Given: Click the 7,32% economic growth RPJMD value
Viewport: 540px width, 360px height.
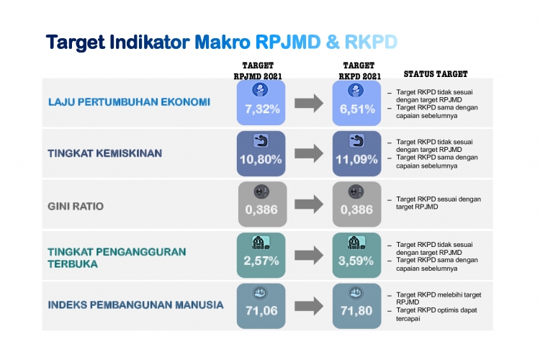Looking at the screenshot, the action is pos(262,109).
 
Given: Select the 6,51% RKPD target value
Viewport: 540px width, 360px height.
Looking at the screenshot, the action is pos(357,109).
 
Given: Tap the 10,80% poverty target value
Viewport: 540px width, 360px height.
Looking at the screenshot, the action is pos(261,160).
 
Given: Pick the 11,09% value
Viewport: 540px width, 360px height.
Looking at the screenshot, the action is pos(356,160).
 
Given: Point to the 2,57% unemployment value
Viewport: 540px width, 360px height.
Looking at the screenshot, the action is pos(261,261).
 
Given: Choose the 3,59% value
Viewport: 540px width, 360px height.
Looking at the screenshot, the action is pos(356,261).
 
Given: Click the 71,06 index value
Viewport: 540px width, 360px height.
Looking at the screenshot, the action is pos(261,311).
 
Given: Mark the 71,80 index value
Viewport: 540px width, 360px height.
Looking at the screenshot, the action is pos(356,311).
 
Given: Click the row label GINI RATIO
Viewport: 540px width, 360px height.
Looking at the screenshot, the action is pos(76,207).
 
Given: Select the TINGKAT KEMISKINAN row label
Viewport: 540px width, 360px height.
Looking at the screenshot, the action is pos(104,153).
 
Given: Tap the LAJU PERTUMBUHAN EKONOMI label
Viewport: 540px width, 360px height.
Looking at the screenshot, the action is pos(129,102).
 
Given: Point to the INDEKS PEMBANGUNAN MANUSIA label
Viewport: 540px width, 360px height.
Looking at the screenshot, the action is pos(135,305).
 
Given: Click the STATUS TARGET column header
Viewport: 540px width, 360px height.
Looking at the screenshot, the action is pos(436,74).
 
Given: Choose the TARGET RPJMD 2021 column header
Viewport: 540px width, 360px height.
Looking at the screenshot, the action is pos(258,71).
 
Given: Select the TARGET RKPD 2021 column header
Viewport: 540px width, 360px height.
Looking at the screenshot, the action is pos(359,71).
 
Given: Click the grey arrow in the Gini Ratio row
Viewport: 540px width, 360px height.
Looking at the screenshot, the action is pos(309,204).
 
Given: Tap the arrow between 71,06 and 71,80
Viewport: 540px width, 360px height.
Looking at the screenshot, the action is pos(309,306).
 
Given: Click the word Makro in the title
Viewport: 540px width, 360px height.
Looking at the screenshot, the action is pos(222,42).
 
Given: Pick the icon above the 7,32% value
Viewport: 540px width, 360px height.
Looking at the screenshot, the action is pos(260,90).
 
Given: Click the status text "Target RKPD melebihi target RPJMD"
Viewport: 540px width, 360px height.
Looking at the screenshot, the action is pos(438,298).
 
